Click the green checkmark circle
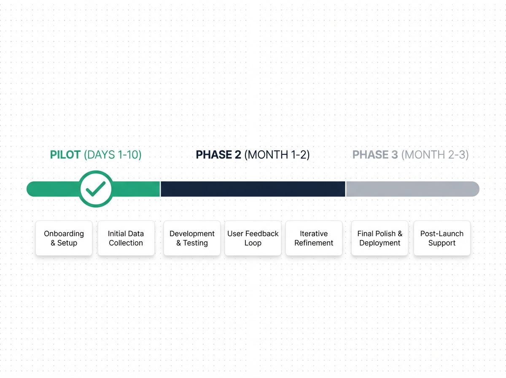96,189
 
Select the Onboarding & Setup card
64,238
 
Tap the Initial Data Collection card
126,238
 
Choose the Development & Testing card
192,238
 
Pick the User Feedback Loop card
253,238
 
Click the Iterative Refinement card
314,238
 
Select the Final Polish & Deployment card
379,238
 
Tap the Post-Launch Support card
441,238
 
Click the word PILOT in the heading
65,155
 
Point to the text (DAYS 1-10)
113,155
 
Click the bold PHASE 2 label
219,155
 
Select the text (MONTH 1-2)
277,155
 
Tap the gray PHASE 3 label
375,155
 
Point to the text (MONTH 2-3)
435,155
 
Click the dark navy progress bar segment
253,189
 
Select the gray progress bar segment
412,189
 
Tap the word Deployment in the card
380,243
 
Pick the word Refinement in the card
314,243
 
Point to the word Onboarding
64,234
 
